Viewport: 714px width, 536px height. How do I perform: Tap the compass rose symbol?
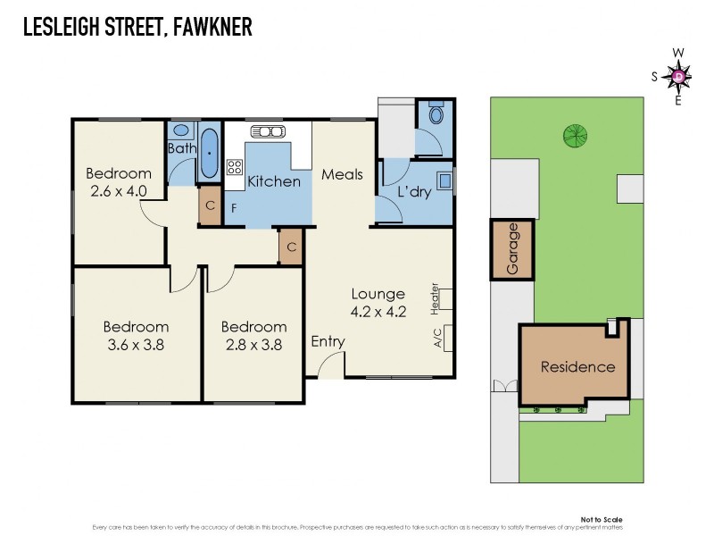[678, 77]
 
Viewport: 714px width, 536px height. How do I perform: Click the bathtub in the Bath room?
[210, 154]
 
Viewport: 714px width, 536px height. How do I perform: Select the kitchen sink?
[268, 132]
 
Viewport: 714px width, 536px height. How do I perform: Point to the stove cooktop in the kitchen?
[236, 167]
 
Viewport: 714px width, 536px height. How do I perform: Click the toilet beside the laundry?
[436, 117]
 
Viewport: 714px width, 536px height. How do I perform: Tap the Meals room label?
[342, 174]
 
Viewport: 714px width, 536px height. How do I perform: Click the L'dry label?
[414, 191]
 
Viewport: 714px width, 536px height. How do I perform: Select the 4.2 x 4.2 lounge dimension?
[378, 312]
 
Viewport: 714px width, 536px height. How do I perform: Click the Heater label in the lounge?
[436, 298]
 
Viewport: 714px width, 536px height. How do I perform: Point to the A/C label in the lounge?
[437, 338]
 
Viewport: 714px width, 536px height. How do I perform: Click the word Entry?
[328, 341]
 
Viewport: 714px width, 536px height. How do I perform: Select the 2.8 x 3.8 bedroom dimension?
[253, 344]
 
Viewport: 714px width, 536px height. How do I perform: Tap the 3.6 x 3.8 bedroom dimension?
[136, 344]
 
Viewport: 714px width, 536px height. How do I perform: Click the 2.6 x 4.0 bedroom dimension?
[119, 190]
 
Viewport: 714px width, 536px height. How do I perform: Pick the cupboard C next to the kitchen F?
[210, 205]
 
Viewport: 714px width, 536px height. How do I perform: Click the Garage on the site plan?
[512, 249]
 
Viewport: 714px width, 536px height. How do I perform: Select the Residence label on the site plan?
[577, 366]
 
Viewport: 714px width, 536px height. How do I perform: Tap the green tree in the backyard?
[575, 136]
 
